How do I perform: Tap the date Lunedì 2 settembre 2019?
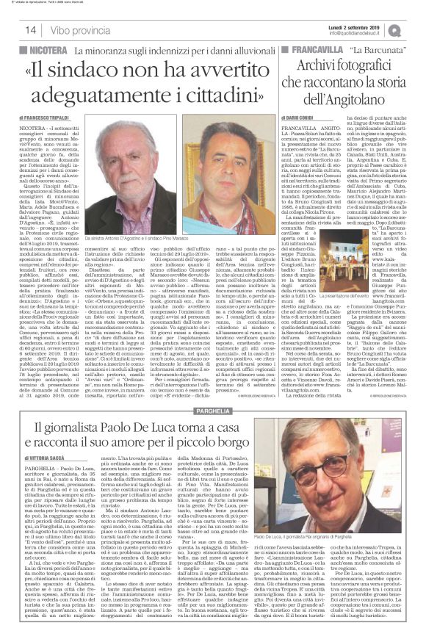[358, 26]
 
